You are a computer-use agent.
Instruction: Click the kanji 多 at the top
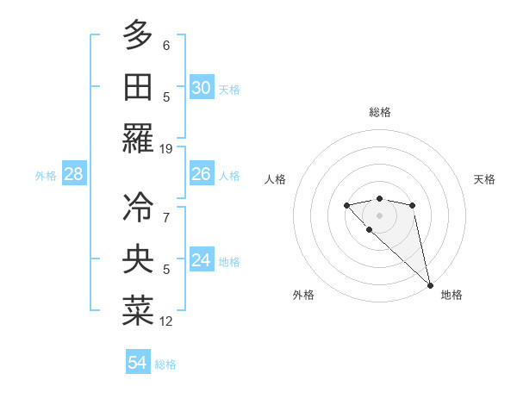138,35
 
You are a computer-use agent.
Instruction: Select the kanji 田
138,88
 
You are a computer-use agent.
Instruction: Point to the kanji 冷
138,207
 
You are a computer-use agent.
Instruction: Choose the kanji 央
138,259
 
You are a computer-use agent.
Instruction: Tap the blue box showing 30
201,88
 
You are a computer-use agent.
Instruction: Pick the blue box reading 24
201,260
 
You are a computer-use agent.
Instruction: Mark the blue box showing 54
138,363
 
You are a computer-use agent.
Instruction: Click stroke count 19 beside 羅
166,149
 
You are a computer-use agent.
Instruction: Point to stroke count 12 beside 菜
166,321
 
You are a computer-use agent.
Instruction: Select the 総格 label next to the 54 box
165,364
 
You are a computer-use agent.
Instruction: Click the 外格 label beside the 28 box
46,176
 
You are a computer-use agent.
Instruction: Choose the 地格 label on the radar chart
452,295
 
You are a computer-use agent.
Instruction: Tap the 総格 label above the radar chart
380,112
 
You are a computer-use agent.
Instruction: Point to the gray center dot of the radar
379,215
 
